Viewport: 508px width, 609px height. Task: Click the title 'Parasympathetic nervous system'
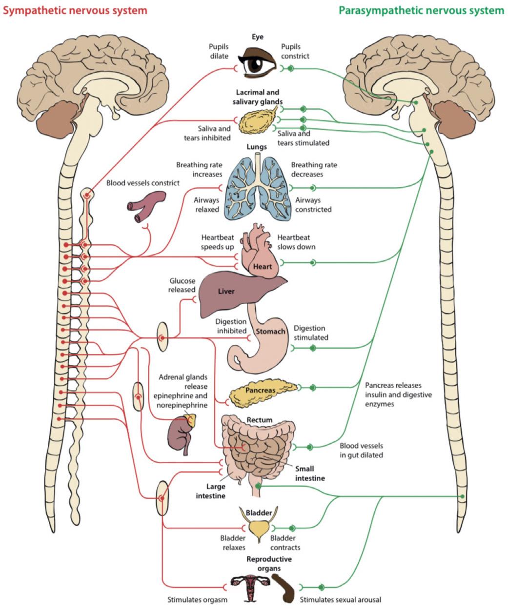(421, 10)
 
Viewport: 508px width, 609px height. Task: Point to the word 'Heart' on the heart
(263, 266)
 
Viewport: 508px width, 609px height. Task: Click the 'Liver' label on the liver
(226, 291)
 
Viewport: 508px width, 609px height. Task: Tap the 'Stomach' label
(270, 332)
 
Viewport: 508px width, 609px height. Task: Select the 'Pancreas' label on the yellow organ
(260, 390)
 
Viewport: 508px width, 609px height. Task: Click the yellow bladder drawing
(259, 528)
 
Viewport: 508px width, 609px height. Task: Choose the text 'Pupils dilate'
(219, 51)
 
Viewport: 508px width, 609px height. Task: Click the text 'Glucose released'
(182, 285)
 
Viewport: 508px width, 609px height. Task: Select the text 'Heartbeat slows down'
(296, 242)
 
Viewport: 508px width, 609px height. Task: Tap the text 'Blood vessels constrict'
(143, 183)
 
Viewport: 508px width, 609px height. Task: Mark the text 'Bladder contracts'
(285, 543)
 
